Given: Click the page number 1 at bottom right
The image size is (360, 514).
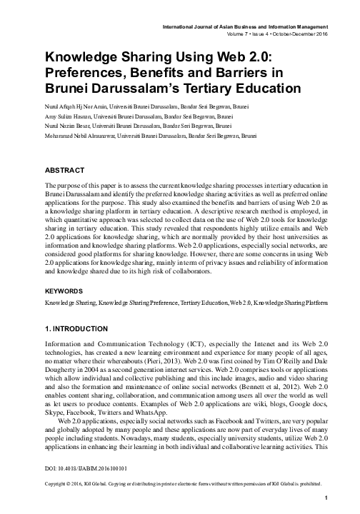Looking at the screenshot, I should coord(326,498).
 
